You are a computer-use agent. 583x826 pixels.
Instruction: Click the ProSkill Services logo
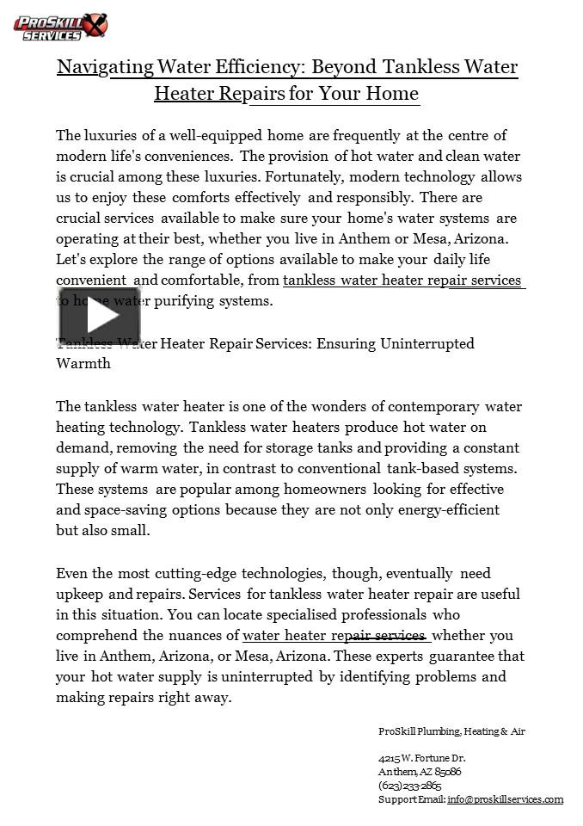click(x=60, y=27)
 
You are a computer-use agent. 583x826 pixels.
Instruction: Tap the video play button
click(x=100, y=316)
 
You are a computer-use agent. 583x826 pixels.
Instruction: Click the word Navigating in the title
click(x=106, y=67)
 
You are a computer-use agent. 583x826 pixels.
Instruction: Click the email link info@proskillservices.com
click(x=505, y=799)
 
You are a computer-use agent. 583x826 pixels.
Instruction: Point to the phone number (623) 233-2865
click(x=410, y=786)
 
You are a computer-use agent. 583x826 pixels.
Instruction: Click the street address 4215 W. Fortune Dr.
click(x=421, y=758)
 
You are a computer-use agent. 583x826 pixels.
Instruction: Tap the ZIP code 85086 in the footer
click(x=448, y=772)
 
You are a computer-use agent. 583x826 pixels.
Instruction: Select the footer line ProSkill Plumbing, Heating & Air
click(x=451, y=731)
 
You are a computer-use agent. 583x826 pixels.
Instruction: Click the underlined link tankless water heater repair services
click(x=402, y=280)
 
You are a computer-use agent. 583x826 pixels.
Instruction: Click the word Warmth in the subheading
click(x=83, y=364)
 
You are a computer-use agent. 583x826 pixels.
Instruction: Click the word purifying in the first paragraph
click(x=218, y=301)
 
